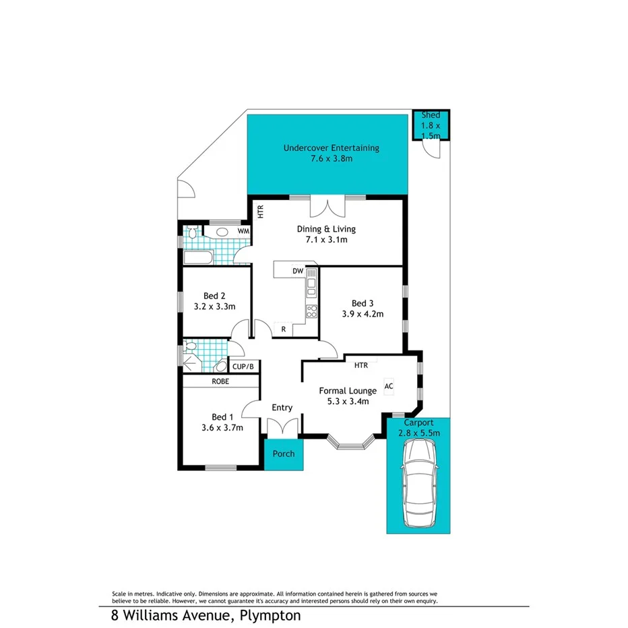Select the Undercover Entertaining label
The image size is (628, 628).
[331, 148]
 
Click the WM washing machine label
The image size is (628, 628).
[243, 232]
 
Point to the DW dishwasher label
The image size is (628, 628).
[297, 271]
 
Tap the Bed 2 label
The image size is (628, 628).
[214, 295]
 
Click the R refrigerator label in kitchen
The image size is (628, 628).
[284, 329]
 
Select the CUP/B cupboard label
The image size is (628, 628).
[243, 367]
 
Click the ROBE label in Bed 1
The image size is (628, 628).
[220, 381]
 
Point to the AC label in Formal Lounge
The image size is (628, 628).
[388, 386]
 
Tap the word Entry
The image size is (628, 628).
[282, 408]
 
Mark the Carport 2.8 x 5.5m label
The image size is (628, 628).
[418, 428]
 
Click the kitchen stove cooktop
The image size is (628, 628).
[312, 311]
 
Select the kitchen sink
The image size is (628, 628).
[311, 287]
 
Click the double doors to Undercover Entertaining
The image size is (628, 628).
[327, 205]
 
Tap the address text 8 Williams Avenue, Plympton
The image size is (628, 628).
[206, 615]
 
